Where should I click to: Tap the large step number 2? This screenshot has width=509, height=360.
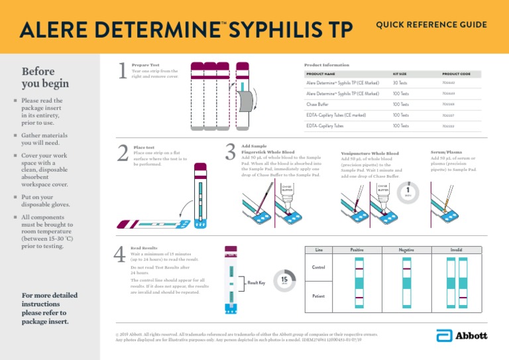(x=121, y=153)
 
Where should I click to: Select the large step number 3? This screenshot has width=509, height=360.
(x=229, y=152)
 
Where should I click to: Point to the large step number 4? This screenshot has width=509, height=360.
(x=120, y=255)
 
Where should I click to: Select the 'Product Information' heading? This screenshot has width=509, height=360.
(x=326, y=65)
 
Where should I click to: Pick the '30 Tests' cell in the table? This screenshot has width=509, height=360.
(x=400, y=84)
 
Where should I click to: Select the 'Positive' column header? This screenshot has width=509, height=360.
(x=359, y=249)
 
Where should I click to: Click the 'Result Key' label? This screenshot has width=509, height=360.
(x=256, y=283)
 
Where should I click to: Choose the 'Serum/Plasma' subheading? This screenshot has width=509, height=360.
(x=446, y=152)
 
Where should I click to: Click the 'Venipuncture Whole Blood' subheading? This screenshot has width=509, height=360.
(x=369, y=152)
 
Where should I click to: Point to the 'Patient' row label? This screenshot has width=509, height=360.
(x=318, y=296)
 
